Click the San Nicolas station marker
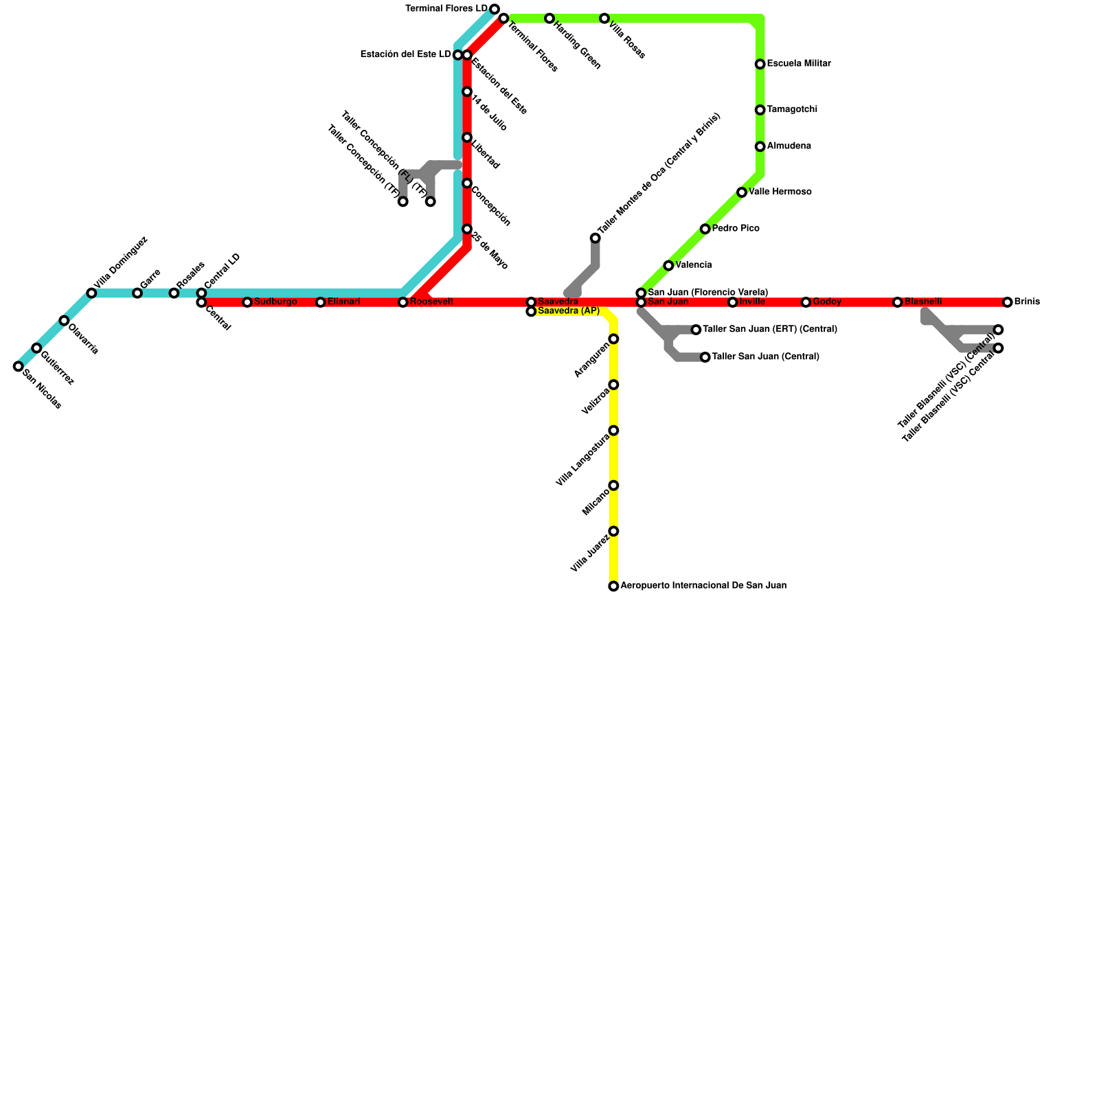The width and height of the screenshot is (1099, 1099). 18,367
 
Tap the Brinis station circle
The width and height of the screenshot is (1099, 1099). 1007,302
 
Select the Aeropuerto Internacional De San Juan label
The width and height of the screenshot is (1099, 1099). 703,586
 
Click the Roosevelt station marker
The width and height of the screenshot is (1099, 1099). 403,302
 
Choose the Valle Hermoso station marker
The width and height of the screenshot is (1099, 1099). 742,192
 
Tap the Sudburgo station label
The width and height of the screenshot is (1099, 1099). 275,302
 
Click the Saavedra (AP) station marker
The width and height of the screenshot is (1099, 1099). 531,312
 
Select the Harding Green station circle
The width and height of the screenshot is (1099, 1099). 549,19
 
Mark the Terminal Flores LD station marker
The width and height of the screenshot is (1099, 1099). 495,9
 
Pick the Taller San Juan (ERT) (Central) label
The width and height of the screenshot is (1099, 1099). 770,330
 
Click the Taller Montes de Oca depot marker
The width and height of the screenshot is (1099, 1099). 595,238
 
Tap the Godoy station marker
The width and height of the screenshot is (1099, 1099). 806,302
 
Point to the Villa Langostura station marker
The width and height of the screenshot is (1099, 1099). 613,431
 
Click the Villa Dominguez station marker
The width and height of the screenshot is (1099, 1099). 91,293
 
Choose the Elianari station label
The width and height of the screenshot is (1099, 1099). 343,302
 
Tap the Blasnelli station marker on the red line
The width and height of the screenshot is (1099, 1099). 897,302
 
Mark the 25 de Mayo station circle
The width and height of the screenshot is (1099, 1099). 467,229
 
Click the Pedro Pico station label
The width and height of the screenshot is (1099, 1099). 736,229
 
